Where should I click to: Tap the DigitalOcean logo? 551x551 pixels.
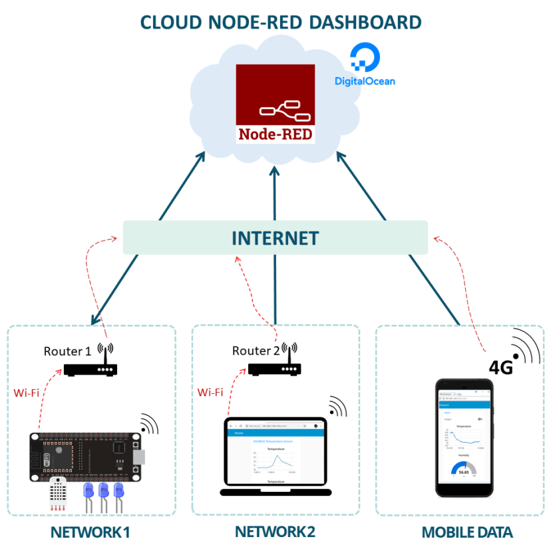[364, 67]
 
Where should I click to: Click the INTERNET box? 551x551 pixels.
[275, 238]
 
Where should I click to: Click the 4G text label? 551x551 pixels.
[500, 367]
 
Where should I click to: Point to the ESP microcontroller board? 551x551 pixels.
[85, 457]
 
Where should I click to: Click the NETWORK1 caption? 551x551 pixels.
[90, 533]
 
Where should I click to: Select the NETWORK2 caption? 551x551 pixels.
[275, 532]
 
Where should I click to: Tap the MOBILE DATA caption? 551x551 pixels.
[467, 533]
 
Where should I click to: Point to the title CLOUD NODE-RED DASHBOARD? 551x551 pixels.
[280, 22]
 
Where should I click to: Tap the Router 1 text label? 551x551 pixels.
[67, 351]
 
